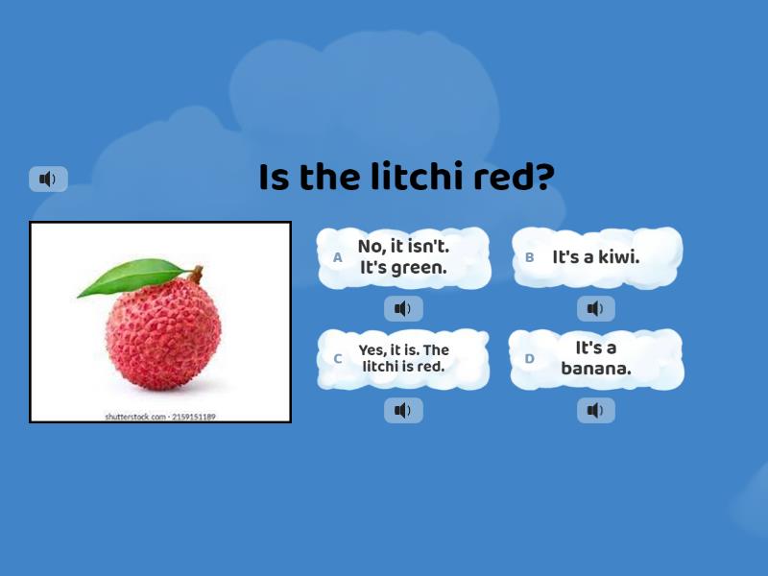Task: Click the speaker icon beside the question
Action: (x=48, y=179)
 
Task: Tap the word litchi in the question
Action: (x=420, y=178)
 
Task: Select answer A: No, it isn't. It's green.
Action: (x=403, y=257)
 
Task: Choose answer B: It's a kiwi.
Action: (x=596, y=257)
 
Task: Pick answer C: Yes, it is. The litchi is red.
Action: (x=403, y=358)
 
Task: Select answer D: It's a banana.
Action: (x=596, y=358)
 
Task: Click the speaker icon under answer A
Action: (x=403, y=308)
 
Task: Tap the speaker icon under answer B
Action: (x=596, y=308)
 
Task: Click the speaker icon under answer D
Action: (x=596, y=411)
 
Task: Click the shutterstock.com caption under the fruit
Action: (x=160, y=417)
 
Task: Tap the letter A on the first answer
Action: (x=337, y=257)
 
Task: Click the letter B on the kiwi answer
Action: (x=529, y=257)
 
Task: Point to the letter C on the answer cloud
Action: (x=337, y=359)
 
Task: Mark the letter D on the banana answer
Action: (x=529, y=359)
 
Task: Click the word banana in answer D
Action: (x=596, y=369)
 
